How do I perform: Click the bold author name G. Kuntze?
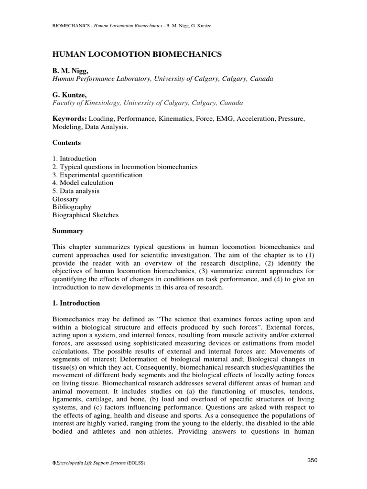click(69, 95)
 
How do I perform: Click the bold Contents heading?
click(66, 143)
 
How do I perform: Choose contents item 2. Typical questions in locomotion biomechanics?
click(125, 167)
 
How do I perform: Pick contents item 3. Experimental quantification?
click(97, 175)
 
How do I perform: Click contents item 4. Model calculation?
click(83, 183)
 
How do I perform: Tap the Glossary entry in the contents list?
click(65, 199)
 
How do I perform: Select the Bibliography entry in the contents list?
click(72, 207)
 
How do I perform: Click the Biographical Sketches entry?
click(86, 215)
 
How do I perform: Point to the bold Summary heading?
click(68, 231)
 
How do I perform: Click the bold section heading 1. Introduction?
click(76, 303)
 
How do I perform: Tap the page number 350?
click(312, 460)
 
